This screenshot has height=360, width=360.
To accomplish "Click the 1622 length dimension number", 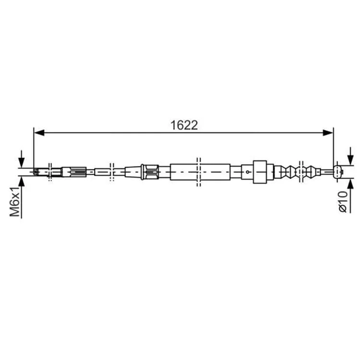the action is click(x=184, y=125).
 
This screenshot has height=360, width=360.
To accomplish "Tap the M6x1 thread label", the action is click(x=15, y=201).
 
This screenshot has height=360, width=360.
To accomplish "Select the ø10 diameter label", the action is click(x=342, y=202).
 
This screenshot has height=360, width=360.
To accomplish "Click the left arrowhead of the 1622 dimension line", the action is click(x=39, y=132).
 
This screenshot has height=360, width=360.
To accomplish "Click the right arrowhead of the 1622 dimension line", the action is click(x=328, y=132).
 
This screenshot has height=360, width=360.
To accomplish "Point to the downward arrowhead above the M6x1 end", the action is click(x=21, y=162).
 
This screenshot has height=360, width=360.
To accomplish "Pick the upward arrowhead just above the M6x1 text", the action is click(x=21, y=182).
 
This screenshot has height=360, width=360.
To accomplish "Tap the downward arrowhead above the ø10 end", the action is click(x=350, y=159).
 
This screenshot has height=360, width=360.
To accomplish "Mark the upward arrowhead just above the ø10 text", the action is click(x=350, y=184).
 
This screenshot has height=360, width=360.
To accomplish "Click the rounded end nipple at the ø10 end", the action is click(x=338, y=172).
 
